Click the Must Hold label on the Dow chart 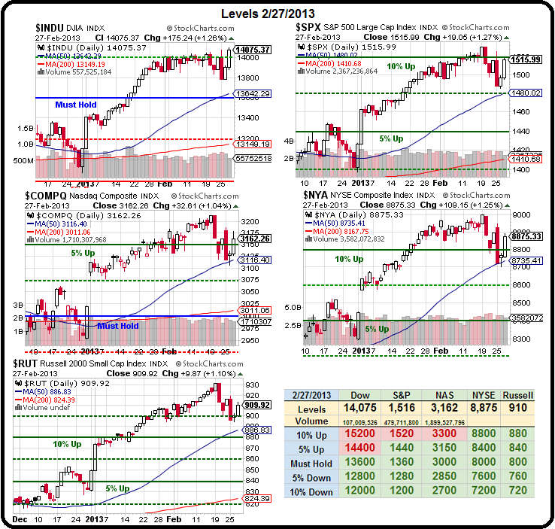[76, 105]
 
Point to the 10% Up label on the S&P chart [399, 66]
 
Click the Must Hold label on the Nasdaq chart [118, 326]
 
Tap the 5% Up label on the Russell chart [118, 488]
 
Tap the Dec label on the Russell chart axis [20, 520]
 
